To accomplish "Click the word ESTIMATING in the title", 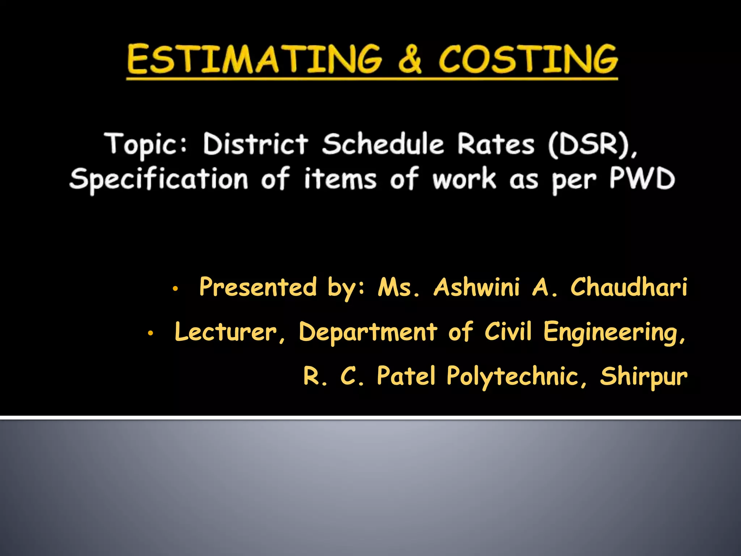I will coord(254,59).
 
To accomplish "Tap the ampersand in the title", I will coord(410,59).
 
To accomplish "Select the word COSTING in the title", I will coord(528,59).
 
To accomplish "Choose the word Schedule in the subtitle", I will coord(383,144).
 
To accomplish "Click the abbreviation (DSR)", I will coord(592,144).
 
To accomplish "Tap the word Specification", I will coord(159,179).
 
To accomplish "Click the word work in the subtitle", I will coord(464,179).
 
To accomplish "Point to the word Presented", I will coord(258,287).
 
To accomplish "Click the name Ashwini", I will coord(477,287).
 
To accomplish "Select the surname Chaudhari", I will coord(629,287).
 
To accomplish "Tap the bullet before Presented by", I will coord(175,289).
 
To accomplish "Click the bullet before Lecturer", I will coord(151,333).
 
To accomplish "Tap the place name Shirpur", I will coord(644,377).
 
